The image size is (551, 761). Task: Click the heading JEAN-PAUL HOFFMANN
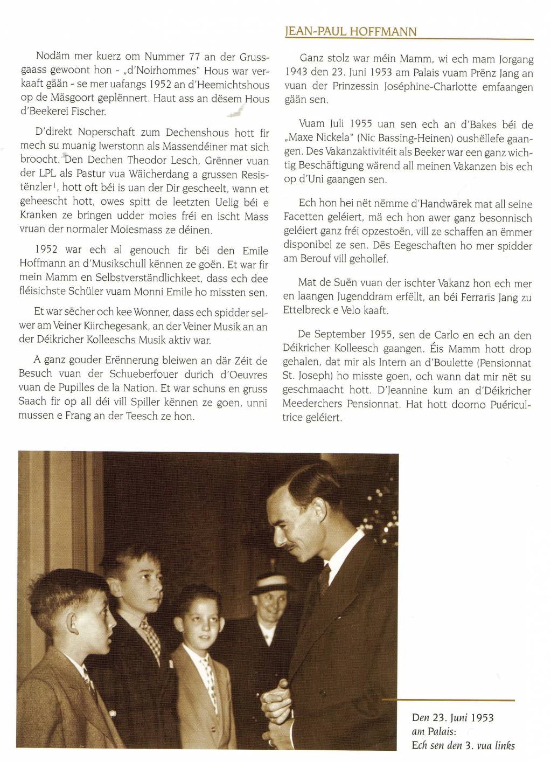pyautogui.click(x=351, y=31)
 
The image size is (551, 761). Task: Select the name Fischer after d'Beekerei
pyautogui.click(x=89, y=112)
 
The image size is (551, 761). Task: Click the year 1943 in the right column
pyautogui.click(x=296, y=73)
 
